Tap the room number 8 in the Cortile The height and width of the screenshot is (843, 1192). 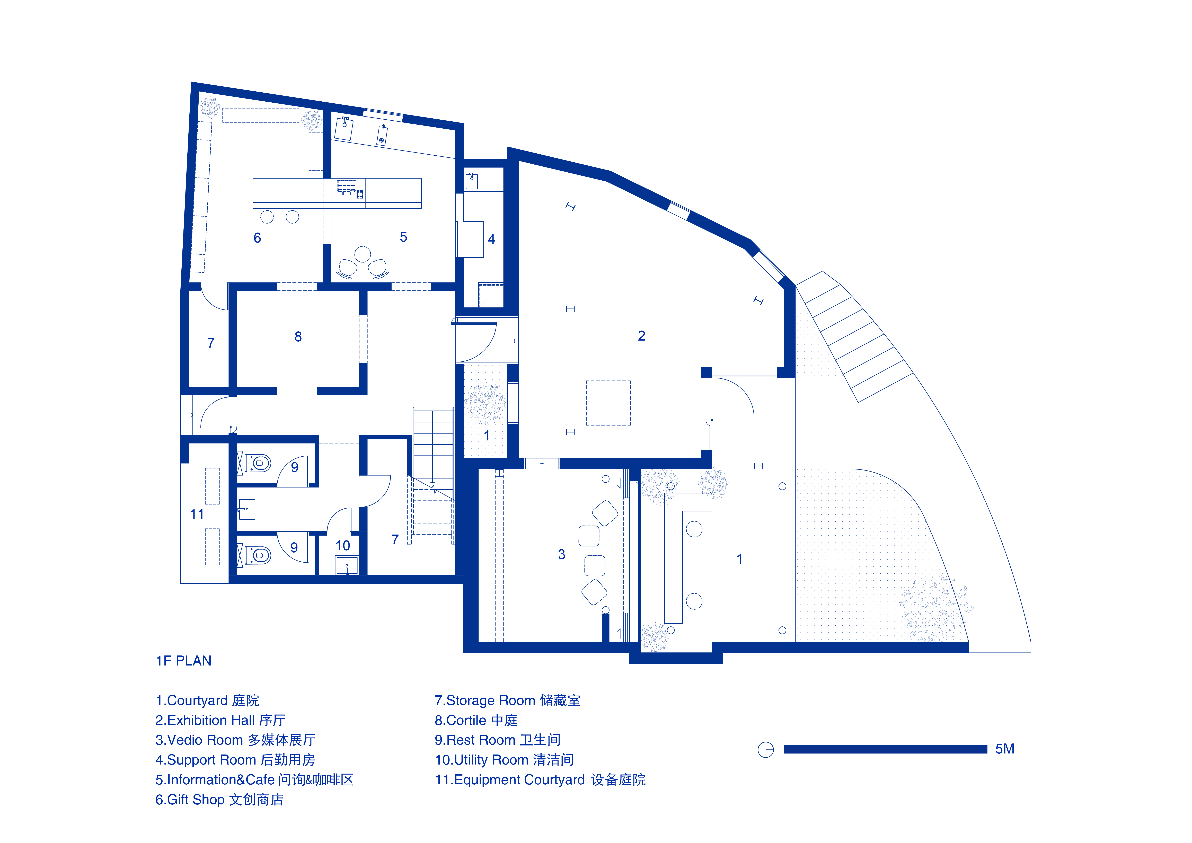pyautogui.click(x=298, y=337)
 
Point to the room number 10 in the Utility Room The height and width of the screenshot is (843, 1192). pyautogui.click(x=343, y=546)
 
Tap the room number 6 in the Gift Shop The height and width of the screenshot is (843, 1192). pyautogui.click(x=257, y=238)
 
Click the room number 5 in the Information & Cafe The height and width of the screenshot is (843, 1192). pyautogui.click(x=403, y=237)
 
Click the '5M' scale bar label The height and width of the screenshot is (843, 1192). pyautogui.click(x=1005, y=749)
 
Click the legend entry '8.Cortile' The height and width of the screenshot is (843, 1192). pyautogui.click(x=476, y=721)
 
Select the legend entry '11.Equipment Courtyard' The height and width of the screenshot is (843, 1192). pyautogui.click(x=540, y=780)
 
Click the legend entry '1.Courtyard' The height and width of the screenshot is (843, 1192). pyautogui.click(x=207, y=701)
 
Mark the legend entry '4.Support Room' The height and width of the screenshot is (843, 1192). pyautogui.click(x=235, y=760)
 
